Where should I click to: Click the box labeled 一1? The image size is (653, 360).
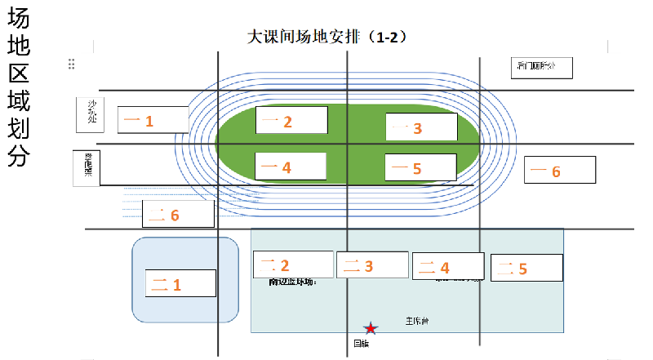[153, 120]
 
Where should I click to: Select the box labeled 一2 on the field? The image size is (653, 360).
[291, 120]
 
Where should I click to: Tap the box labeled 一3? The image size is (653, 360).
[421, 127]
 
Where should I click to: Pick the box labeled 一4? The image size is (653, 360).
[291, 166]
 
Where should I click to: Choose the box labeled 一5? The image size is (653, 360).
[420, 167]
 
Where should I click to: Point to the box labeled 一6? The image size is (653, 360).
[559, 170]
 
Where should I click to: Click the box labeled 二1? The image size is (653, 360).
[180, 283]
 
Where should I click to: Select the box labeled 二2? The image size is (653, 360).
[292, 264]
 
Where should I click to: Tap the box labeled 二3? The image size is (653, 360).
[371, 264]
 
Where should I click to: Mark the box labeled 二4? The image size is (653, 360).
[448, 266]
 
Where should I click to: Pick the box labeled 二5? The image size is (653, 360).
[526, 268]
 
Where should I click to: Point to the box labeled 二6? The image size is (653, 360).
[179, 214]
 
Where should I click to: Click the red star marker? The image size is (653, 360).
[371, 328]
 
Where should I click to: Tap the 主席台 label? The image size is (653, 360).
[416, 321]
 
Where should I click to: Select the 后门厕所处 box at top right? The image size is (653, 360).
[539, 67]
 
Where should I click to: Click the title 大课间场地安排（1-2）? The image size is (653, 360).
[327, 38]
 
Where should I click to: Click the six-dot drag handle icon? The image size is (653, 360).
[72, 64]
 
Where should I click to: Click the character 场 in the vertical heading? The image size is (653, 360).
[19, 18]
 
